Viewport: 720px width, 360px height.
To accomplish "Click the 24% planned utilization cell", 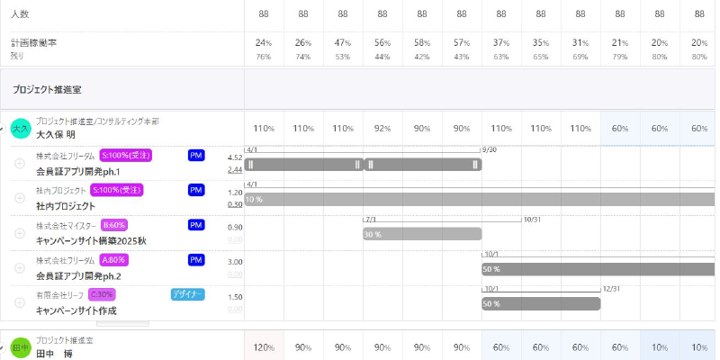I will click(264, 43).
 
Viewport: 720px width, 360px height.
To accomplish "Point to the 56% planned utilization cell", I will click(382, 43).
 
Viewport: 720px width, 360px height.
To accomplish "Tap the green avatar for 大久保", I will click(21, 129).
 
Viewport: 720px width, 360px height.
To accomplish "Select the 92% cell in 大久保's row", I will click(382, 129).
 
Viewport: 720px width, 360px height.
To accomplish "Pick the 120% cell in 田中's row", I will click(264, 347).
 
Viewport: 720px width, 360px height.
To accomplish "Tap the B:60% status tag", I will click(114, 225).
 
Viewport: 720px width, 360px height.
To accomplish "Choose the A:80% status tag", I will click(114, 260).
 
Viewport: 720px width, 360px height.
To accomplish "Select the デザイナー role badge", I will click(187, 294).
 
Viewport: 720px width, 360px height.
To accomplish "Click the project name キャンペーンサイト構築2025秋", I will click(91, 241).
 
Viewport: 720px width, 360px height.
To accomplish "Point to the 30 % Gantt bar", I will click(422, 234).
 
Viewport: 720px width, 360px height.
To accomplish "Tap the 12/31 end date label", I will click(611, 289).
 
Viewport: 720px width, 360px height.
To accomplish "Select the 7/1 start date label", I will click(371, 219).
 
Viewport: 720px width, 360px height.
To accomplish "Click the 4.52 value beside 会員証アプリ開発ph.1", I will click(234, 157).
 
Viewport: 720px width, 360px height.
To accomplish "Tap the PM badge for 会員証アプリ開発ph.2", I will click(196, 260).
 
